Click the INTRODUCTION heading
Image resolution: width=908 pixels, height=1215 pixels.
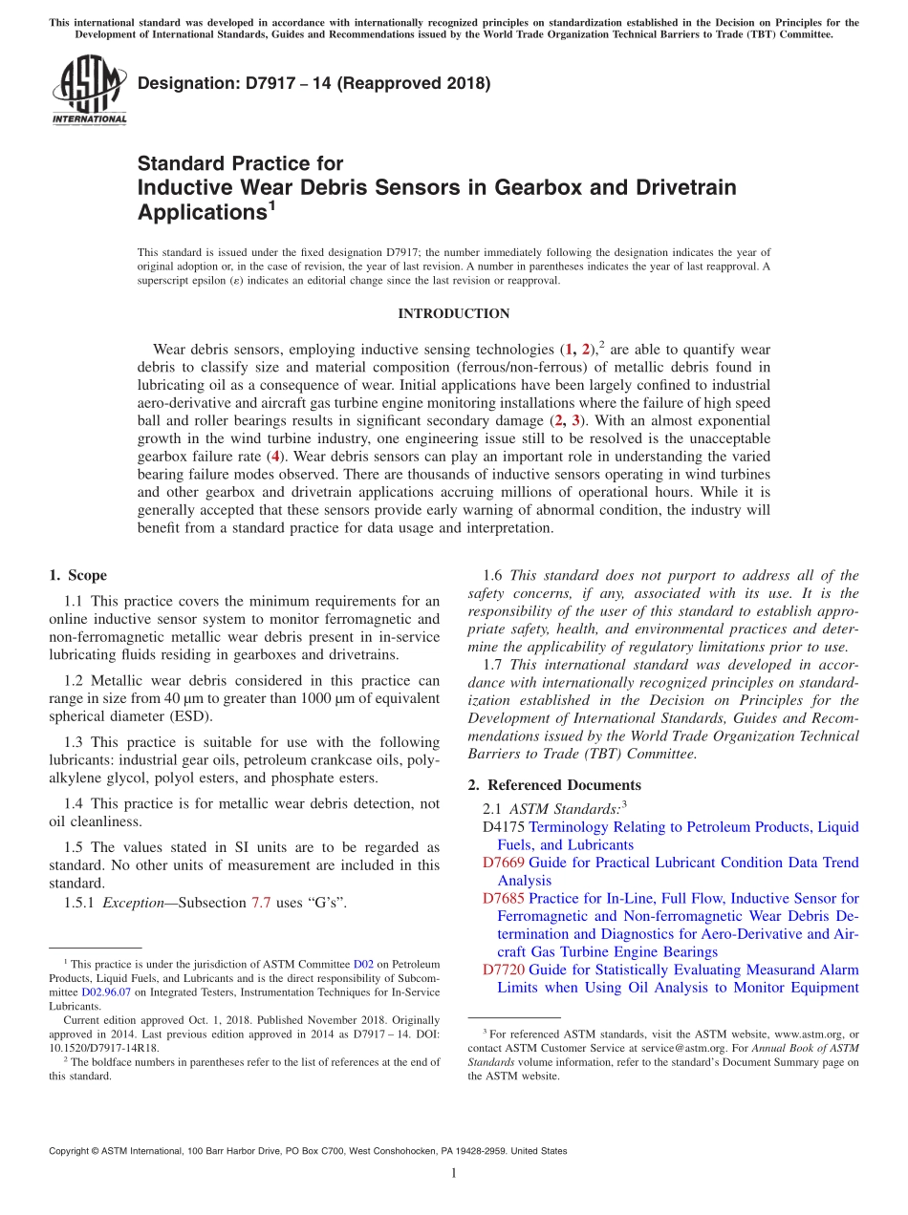[x=453, y=314]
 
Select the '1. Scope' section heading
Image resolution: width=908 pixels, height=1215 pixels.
[x=77, y=575]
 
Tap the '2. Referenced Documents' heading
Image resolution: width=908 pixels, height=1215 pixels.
[x=554, y=785]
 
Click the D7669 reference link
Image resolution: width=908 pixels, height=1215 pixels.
[x=504, y=863]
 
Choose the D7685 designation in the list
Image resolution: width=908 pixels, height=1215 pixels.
[x=504, y=898]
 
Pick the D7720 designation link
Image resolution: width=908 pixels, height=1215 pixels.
[x=504, y=970]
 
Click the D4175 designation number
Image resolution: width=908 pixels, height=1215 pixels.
[x=504, y=827]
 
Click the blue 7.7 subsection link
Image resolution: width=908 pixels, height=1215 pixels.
[x=261, y=903]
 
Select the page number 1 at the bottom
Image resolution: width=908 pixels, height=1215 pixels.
[x=454, y=1173]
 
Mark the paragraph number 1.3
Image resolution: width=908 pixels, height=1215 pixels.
[x=75, y=742]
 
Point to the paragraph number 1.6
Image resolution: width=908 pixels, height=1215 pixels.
[x=493, y=575]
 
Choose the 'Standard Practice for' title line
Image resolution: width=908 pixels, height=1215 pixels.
[x=240, y=163]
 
